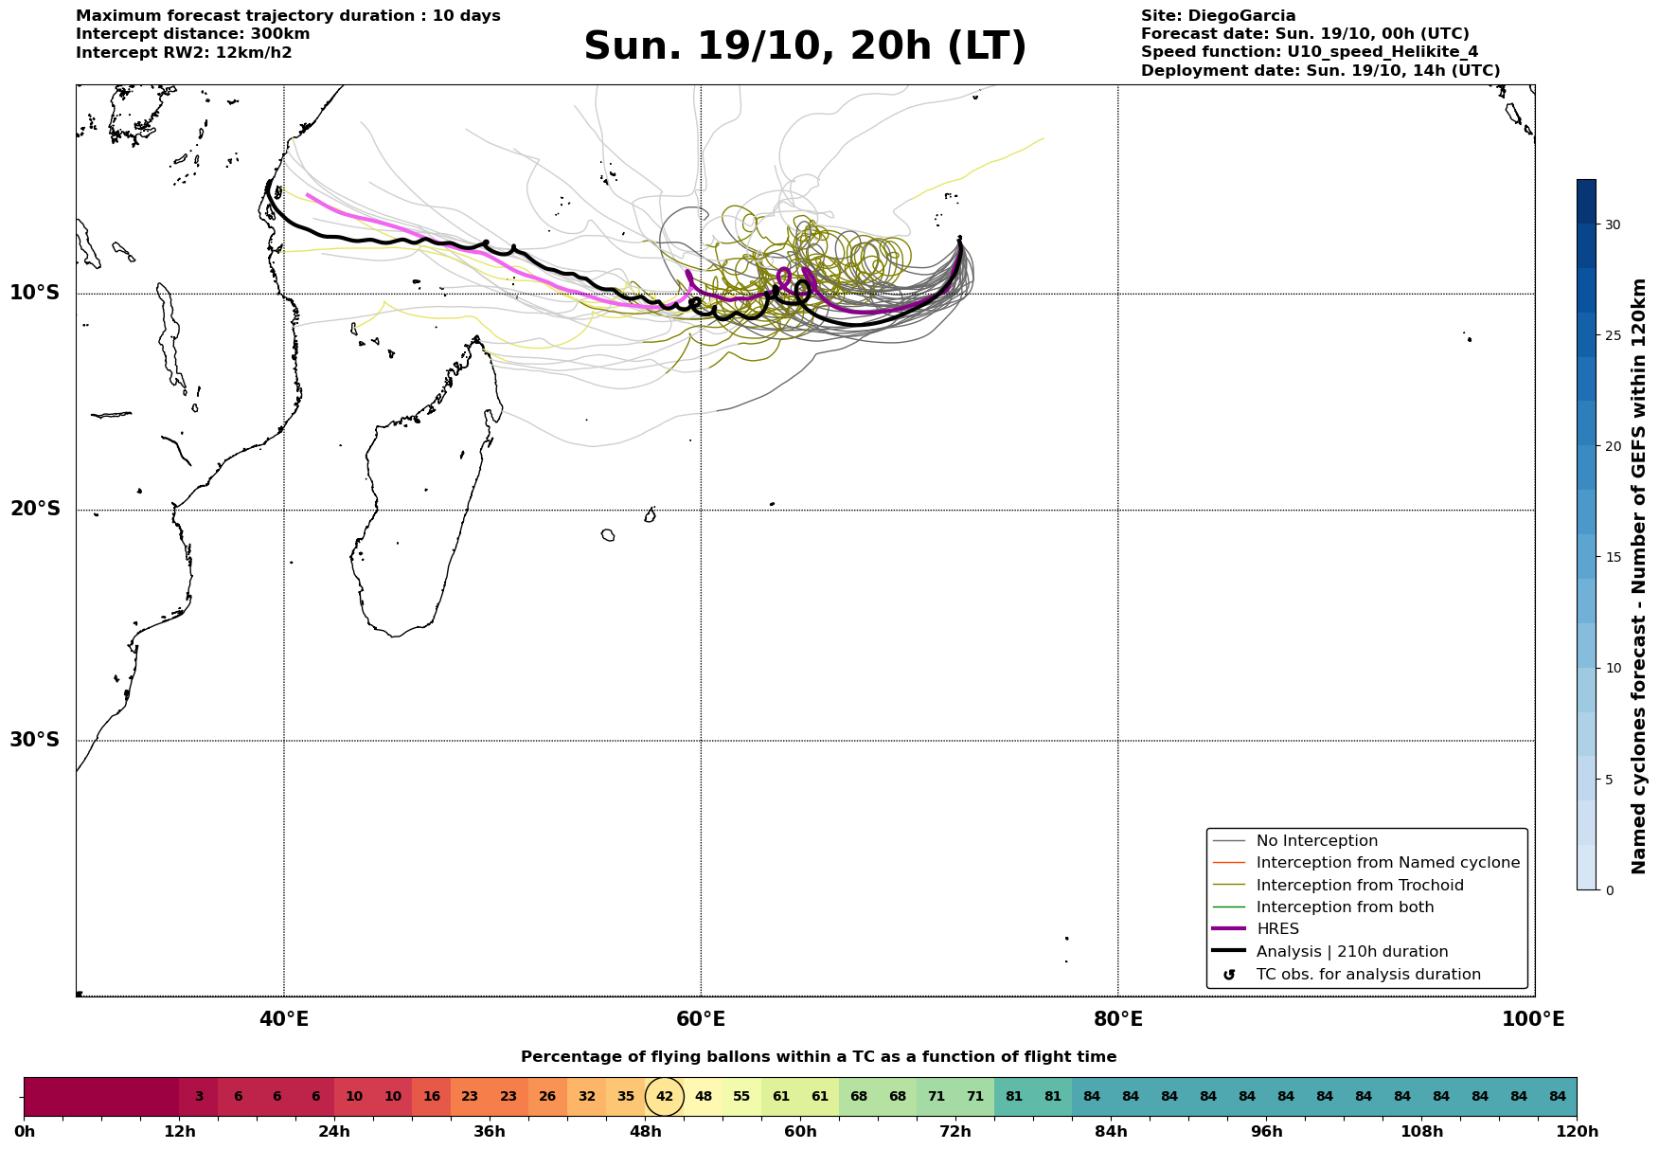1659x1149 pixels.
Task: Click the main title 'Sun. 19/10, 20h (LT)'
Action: pos(805,46)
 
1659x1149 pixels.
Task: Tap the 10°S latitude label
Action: pos(35,293)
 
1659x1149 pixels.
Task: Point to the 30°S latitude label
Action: pos(35,740)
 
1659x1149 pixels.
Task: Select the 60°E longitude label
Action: pos(701,1019)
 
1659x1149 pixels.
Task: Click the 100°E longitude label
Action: pos(1533,1019)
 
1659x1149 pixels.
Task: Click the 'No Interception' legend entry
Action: pos(1316,841)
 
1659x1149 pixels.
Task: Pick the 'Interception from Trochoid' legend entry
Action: pos(1359,886)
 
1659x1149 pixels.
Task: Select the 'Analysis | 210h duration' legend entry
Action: pos(1351,952)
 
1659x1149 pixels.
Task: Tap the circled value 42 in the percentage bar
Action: pos(665,1097)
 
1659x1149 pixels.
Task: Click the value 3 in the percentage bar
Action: pos(199,1097)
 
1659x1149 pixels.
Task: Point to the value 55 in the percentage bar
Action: pos(741,1097)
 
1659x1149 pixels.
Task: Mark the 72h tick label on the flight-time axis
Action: pos(955,1132)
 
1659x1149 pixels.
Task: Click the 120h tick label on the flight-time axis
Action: pos(1577,1132)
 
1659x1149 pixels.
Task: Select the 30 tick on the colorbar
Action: pos(1612,224)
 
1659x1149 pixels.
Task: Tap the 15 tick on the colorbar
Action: pos(1612,557)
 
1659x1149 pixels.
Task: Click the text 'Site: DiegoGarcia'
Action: pos(1218,16)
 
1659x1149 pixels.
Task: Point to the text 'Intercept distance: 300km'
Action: pos(193,34)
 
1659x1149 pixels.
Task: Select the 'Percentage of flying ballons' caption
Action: pos(818,1057)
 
